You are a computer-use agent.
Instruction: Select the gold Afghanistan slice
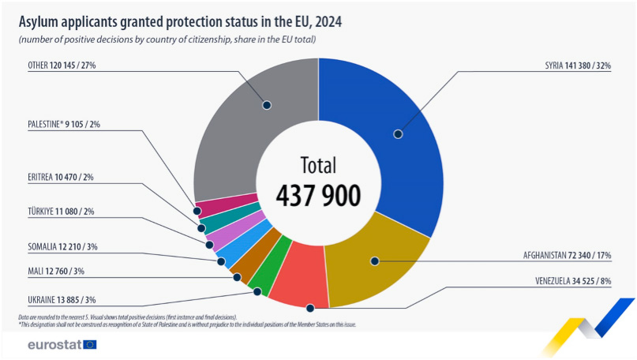(x=375, y=261)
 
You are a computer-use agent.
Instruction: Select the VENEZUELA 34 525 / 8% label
(x=573, y=280)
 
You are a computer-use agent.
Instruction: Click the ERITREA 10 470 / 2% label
(x=61, y=178)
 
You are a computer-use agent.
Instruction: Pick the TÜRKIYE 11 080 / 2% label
(x=61, y=211)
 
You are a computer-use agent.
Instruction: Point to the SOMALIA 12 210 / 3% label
(x=62, y=247)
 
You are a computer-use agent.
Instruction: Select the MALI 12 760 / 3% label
(x=56, y=271)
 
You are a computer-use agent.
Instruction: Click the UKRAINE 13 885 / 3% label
(x=62, y=300)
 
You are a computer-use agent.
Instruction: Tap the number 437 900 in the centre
(x=318, y=194)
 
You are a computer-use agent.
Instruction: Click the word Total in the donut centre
(x=318, y=165)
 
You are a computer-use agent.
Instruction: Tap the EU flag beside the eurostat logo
(x=89, y=344)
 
